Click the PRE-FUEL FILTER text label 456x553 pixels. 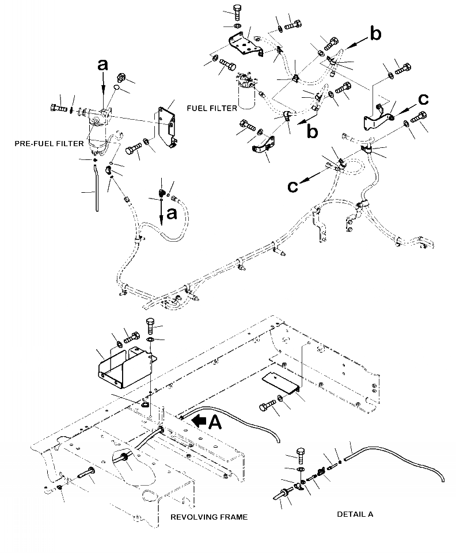[49, 143]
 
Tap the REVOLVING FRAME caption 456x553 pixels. [209, 517]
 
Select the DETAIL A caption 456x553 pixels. [355, 514]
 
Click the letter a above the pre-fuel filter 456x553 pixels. [102, 66]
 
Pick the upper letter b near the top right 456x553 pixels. [375, 35]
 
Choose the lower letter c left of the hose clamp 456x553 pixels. [293, 186]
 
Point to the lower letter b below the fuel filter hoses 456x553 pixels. [313, 132]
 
